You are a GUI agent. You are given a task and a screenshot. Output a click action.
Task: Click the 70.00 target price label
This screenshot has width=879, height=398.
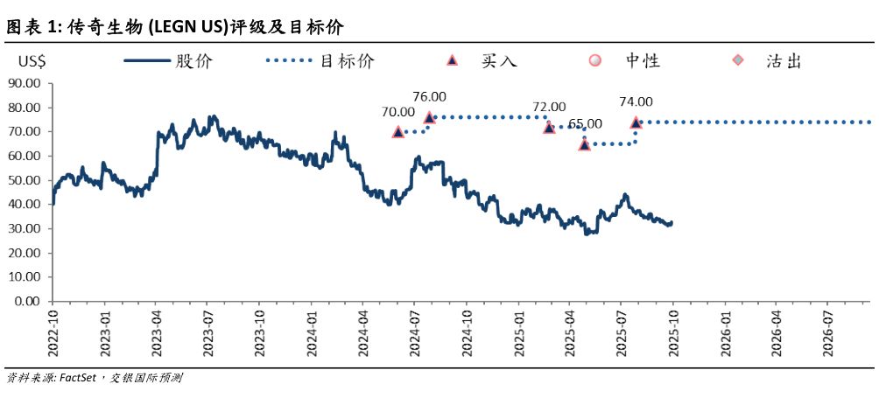point(397,112)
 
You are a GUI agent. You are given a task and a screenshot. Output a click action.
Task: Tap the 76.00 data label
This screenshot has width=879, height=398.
point(429,97)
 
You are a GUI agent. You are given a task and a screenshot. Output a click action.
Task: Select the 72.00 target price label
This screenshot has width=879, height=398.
point(549,108)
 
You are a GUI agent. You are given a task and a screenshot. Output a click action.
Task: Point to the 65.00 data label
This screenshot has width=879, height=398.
point(585,123)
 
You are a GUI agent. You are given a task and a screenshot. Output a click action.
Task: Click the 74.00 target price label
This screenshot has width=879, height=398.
point(636,102)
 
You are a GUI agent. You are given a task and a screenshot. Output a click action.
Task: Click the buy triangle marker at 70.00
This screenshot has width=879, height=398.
point(398,131)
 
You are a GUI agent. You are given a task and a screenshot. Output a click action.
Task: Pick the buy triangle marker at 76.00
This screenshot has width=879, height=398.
point(429,117)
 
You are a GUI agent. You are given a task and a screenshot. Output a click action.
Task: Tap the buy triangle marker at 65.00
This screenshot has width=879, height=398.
point(585,144)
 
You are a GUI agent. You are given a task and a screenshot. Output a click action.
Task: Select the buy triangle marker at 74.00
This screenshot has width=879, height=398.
point(636,122)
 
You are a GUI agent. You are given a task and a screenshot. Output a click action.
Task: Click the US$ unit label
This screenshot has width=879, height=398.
point(34,61)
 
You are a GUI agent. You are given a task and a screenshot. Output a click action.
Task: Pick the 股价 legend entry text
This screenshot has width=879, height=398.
point(194,61)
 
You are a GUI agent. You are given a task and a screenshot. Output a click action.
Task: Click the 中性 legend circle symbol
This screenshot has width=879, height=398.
point(595,60)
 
